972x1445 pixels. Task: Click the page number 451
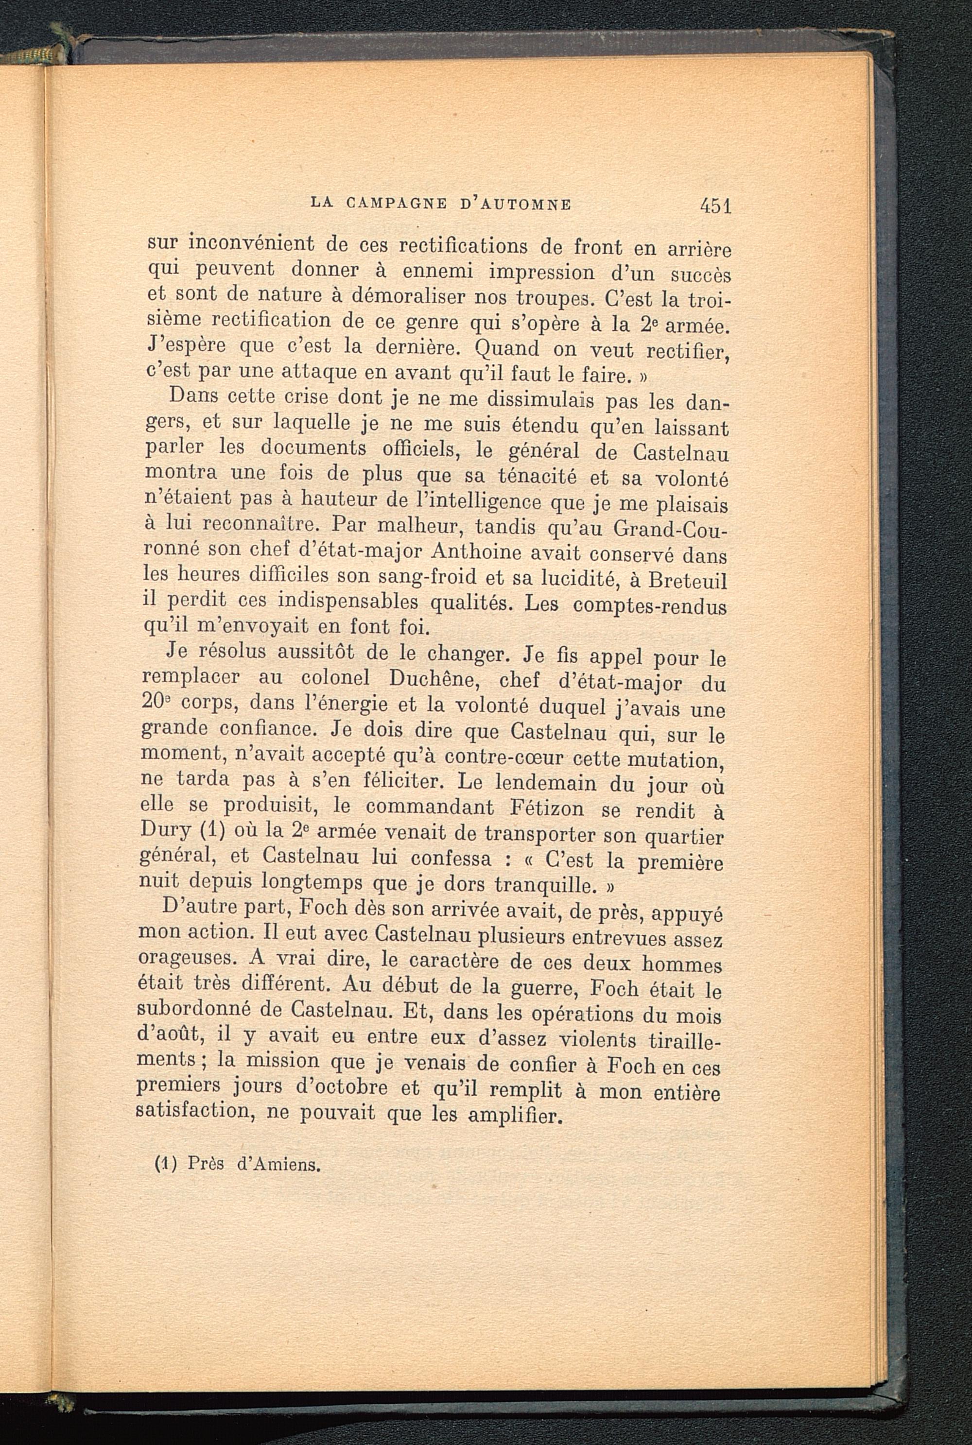coord(715,206)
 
